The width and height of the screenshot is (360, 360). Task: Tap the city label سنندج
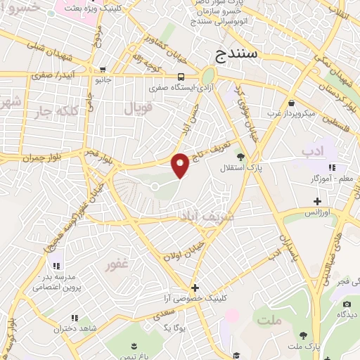coord(238,53)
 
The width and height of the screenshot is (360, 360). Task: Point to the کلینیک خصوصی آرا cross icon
coord(195,288)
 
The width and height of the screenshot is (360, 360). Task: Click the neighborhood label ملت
coord(269,320)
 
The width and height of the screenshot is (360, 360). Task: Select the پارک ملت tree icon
coord(302,336)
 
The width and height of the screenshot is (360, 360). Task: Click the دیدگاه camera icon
coord(347,304)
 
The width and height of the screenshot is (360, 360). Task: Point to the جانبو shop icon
coord(103,70)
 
